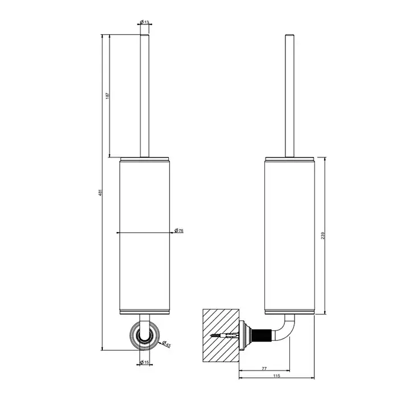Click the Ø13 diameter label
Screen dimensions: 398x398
(144, 22)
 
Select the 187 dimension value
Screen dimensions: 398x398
(107, 96)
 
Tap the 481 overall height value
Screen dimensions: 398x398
(100, 192)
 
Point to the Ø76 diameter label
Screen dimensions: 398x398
(179, 230)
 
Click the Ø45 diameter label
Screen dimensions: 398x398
(166, 344)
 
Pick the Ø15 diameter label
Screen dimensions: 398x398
(144, 362)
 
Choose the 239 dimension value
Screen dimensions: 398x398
(323, 235)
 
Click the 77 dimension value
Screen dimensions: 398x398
(264, 368)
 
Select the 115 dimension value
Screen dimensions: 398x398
(277, 376)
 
